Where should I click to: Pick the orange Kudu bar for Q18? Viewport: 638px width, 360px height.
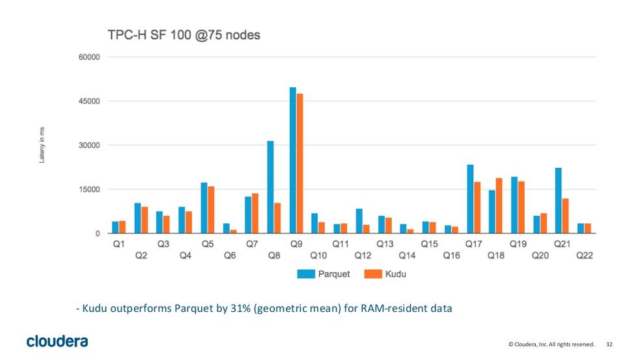pyautogui.click(x=499, y=206)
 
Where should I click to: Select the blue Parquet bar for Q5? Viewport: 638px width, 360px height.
pyautogui.click(x=204, y=208)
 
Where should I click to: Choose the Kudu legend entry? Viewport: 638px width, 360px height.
pyautogui.click(x=385, y=274)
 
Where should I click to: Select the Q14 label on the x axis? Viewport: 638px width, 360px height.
pyautogui.click(x=407, y=256)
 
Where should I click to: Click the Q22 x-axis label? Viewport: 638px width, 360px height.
pyautogui.click(x=585, y=256)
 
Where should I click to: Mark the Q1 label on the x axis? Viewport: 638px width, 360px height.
pyautogui.click(x=118, y=244)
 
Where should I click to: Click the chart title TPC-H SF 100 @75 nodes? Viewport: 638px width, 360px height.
pyautogui.click(x=184, y=35)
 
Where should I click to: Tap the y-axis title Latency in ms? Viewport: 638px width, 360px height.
pyautogui.click(x=42, y=145)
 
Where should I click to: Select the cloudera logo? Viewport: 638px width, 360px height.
pyautogui.click(x=57, y=341)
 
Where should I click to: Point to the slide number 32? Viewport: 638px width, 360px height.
pyautogui.click(x=609, y=344)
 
